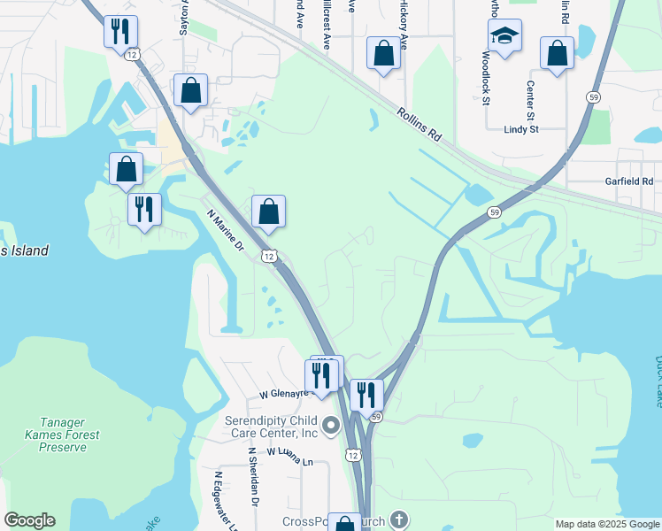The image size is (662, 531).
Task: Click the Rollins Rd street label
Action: coord(420,125)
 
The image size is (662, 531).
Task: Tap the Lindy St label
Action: coord(520,129)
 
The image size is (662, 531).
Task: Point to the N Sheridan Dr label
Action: coord(253,476)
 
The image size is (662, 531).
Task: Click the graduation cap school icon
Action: coord(504,35)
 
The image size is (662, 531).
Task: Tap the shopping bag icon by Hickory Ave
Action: coord(383,53)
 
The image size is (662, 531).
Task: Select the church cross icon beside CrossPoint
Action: coord(398,519)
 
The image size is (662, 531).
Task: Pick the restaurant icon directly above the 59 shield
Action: coord(366,395)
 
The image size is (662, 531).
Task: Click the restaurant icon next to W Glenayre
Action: coord(321,375)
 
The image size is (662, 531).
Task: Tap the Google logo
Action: coord(29,520)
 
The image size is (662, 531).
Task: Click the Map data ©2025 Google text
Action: coord(606,524)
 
